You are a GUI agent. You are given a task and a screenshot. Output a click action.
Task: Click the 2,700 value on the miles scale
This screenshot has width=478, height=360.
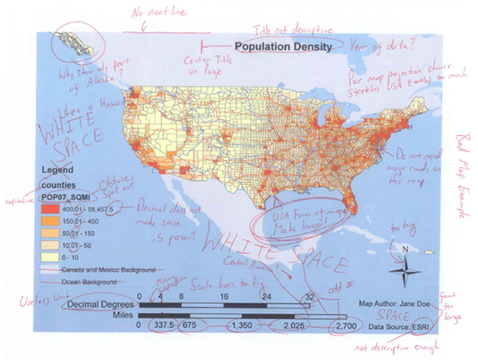point(345,325)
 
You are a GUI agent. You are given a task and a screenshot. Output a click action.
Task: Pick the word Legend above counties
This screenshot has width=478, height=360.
point(58,171)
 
